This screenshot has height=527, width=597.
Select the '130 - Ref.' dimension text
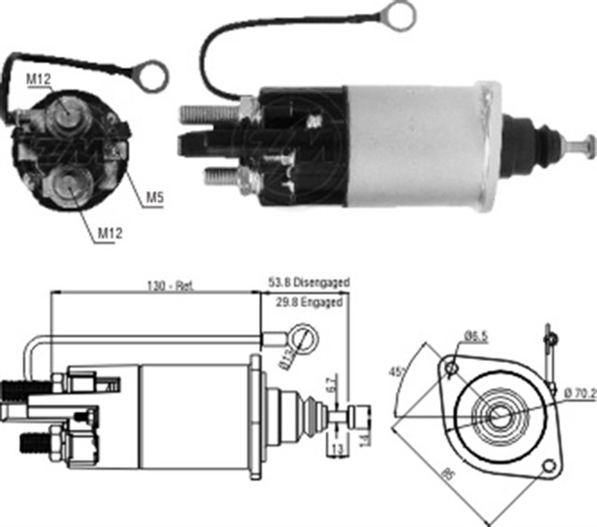[x=170, y=286]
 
